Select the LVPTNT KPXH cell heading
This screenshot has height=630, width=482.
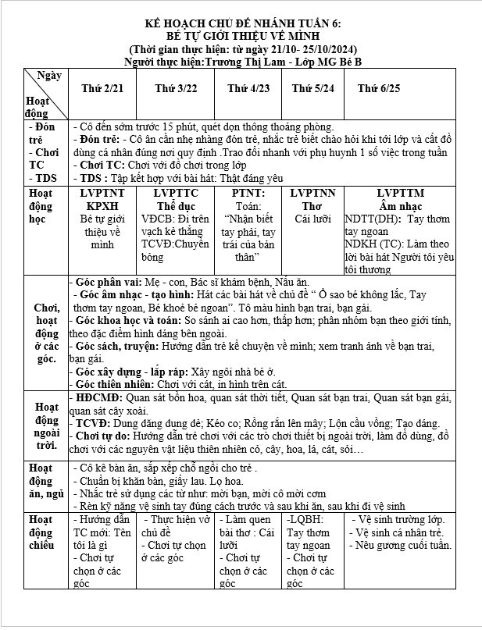point(102,199)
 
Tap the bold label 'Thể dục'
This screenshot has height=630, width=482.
point(176,205)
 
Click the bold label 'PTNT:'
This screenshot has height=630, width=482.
point(249,193)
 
